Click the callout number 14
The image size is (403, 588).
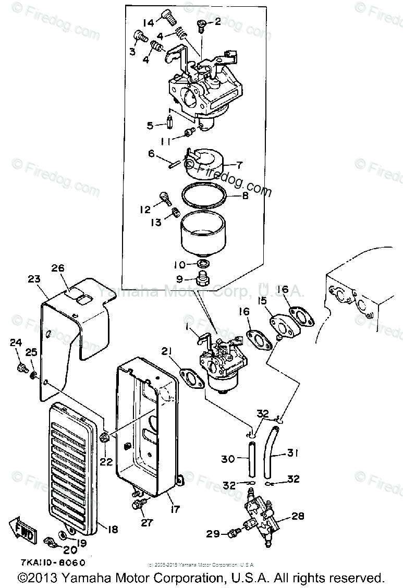click(x=149, y=22)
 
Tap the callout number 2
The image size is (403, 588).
click(x=217, y=21)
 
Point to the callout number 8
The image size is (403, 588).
click(x=245, y=197)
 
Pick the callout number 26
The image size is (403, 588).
click(x=58, y=268)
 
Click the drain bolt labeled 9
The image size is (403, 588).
click(x=202, y=277)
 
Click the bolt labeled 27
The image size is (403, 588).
click(x=139, y=504)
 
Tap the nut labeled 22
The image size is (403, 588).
click(x=104, y=437)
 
